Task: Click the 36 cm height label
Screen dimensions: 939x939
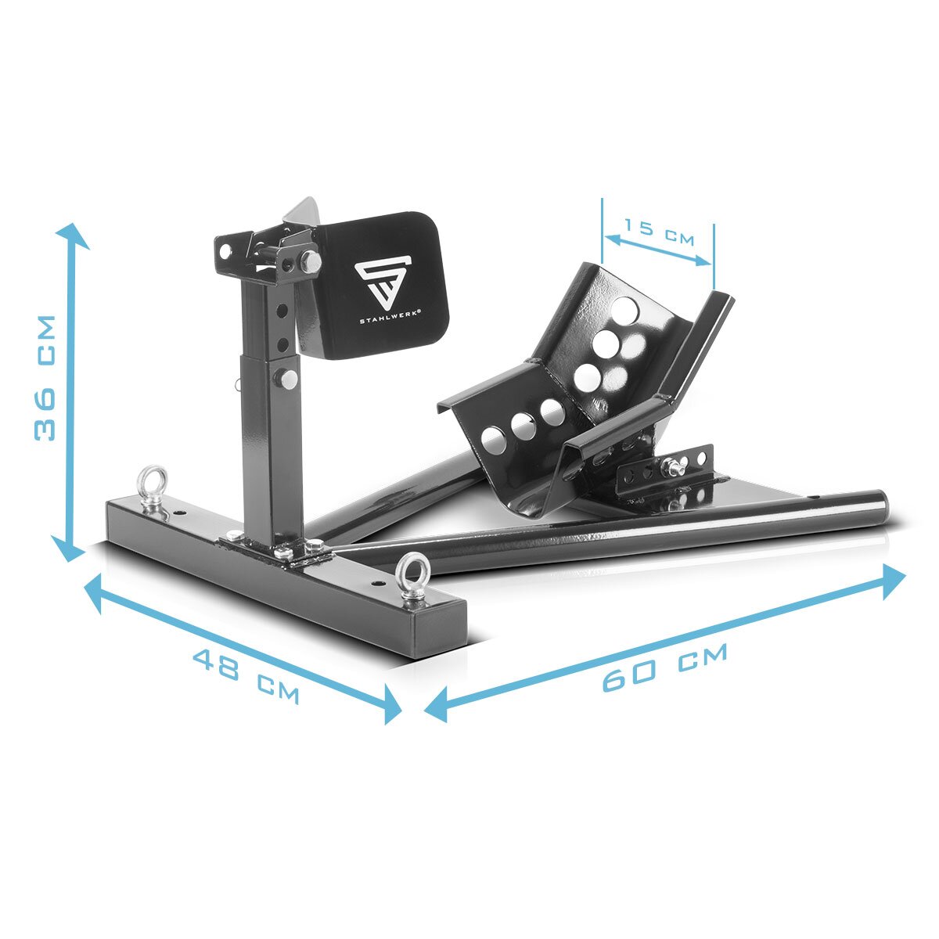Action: [46, 378]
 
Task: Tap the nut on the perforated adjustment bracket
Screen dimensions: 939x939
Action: [671, 469]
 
